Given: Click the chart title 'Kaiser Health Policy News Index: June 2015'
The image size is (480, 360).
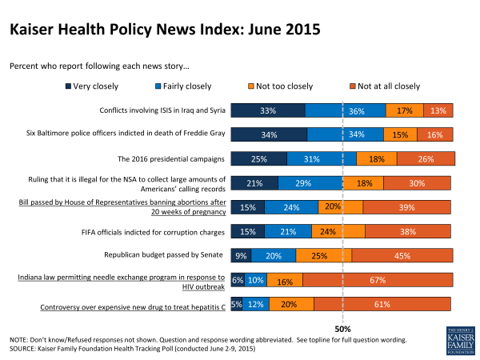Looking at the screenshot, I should [165, 30].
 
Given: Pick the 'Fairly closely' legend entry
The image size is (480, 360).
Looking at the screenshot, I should [183, 86].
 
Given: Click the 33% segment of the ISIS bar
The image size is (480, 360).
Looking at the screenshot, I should [268, 110].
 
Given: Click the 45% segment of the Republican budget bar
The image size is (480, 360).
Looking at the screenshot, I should [402, 256].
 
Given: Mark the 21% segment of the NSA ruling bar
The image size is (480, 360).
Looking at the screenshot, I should [254, 183].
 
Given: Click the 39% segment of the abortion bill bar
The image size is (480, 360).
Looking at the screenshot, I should [407, 207].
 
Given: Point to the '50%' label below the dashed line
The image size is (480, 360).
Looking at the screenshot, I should [343, 328].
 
